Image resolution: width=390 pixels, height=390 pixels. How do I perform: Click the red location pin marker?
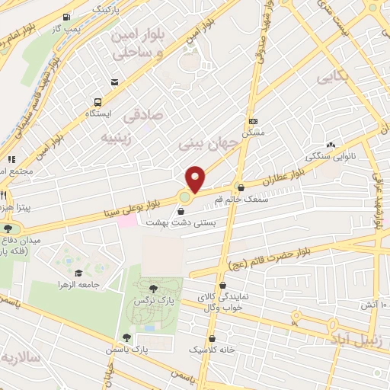(196, 178)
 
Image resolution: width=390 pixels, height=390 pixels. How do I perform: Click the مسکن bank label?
(254, 133)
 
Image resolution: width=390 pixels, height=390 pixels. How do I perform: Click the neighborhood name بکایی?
(334, 76)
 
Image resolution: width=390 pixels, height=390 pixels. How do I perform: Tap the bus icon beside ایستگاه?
(98, 102)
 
